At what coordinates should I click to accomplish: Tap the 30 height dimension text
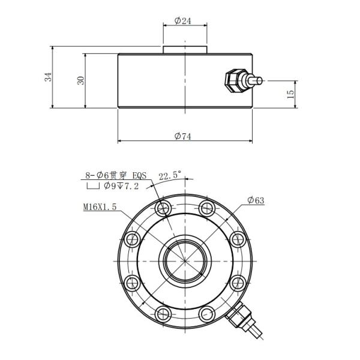click(80, 80)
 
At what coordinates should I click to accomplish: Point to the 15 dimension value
click(290, 94)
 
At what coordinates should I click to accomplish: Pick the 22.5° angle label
click(170, 176)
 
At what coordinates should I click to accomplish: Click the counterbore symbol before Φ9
click(93, 187)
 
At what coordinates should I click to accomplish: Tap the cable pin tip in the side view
click(260, 80)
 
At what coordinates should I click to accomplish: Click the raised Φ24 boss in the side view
click(185, 49)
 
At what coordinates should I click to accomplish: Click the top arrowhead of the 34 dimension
click(53, 47)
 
